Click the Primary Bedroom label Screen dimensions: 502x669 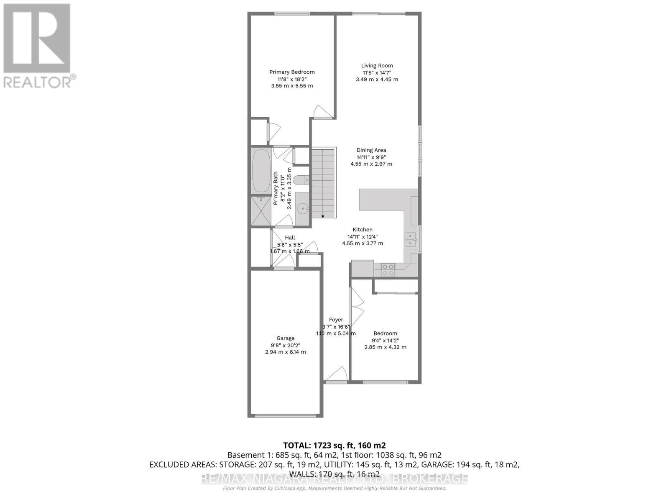pos(292,72)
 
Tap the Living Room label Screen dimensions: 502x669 pos(377,66)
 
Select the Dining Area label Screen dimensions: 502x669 pos(371,150)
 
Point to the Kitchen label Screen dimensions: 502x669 pos(363,230)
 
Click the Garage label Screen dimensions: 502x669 pos(286,338)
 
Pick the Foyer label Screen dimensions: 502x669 pos(336,320)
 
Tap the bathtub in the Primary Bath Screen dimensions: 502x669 pos(261,171)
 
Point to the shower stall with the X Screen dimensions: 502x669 pos(261,211)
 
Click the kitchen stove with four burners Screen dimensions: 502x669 pos(388,270)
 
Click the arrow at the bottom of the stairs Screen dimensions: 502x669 pos(323,216)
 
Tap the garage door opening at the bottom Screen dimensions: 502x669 pos(286,415)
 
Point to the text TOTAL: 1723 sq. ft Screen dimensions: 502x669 pos(334,445)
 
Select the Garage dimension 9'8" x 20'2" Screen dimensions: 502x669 pos(286,345)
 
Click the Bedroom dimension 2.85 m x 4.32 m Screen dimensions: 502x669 pos(385,347)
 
